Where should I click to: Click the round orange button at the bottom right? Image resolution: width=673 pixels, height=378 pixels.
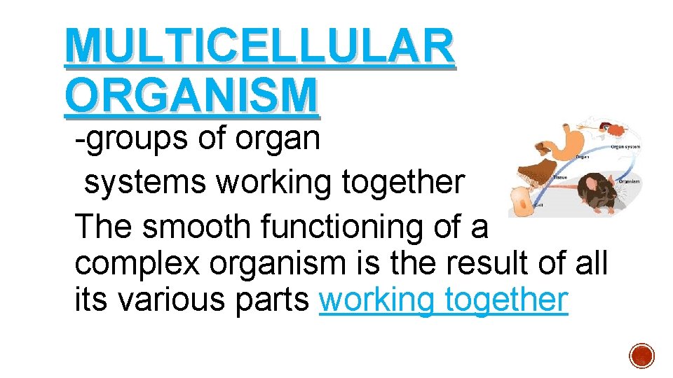641,356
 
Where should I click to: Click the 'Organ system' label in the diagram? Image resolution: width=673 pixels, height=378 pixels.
626,147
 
